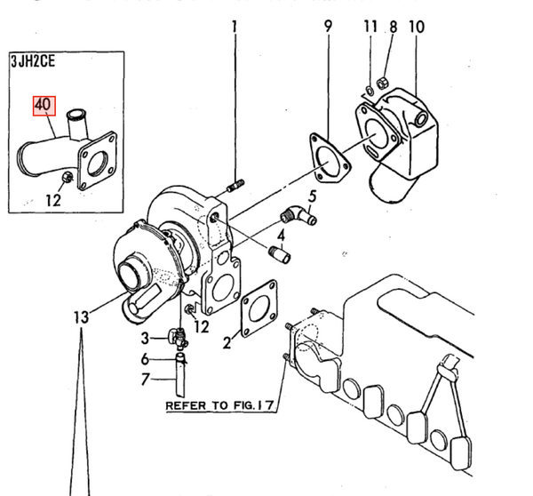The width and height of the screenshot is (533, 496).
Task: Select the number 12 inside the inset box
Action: (53, 200)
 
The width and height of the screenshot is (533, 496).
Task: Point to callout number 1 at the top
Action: (235, 28)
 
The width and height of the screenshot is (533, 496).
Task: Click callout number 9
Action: (328, 28)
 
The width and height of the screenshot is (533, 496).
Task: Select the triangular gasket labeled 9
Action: (328, 155)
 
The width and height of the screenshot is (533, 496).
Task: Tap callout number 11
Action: (370, 28)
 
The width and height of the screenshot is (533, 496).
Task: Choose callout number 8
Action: (392, 28)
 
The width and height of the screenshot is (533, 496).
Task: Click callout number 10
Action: (417, 28)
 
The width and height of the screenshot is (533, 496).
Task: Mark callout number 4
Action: (280, 236)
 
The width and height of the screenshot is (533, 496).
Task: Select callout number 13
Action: (82, 316)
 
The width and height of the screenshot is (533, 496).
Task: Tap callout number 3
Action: (144, 338)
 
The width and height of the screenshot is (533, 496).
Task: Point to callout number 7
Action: (144, 380)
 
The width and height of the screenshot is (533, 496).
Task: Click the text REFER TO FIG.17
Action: (219, 405)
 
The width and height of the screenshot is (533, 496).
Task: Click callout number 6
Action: (144, 359)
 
